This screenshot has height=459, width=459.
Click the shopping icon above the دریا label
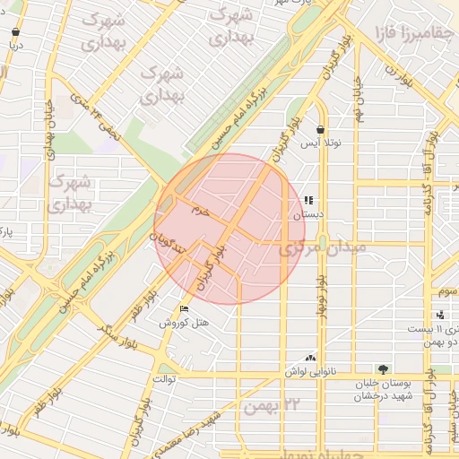tap(15, 31)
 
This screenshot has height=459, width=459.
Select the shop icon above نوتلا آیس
tap(321, 130)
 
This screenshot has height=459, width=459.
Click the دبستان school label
tap(307, 215)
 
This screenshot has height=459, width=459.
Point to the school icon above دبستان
tap(308, 202)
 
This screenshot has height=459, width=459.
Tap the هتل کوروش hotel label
tap(184, 323)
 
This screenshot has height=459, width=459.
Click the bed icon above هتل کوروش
tap(185, 309)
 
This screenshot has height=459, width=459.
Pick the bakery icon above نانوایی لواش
tap(310, 357)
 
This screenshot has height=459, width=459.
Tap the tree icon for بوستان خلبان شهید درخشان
tap(384, 369)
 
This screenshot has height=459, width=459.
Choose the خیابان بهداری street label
tap(49, 126)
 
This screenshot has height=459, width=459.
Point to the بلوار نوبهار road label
tap(320, 293)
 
